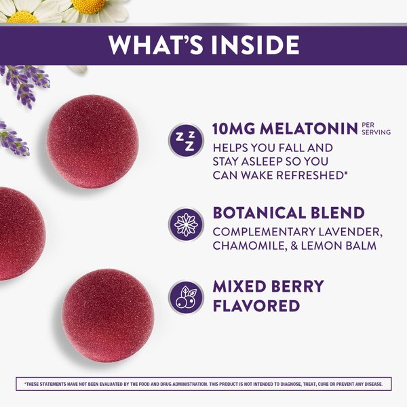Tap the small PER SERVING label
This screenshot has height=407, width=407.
point(376,128)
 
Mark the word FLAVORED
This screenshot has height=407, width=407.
point(256,306)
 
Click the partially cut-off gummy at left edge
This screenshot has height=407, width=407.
point(17,233)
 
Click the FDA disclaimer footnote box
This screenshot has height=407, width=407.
point(203,385)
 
